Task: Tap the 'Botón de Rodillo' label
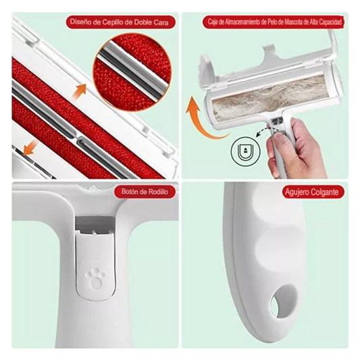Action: [145, 192]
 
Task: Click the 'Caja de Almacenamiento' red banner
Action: [274, 22]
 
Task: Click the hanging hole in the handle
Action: [283, 301]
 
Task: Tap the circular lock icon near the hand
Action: [246, 152]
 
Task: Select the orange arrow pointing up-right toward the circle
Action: [79, 91]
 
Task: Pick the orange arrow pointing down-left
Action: [30, 147]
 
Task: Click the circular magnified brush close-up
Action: [132, 72]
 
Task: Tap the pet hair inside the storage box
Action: [271, 97]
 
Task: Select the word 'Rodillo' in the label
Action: [158, 192]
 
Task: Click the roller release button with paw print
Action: [95, 265]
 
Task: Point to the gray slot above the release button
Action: [95, 223]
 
